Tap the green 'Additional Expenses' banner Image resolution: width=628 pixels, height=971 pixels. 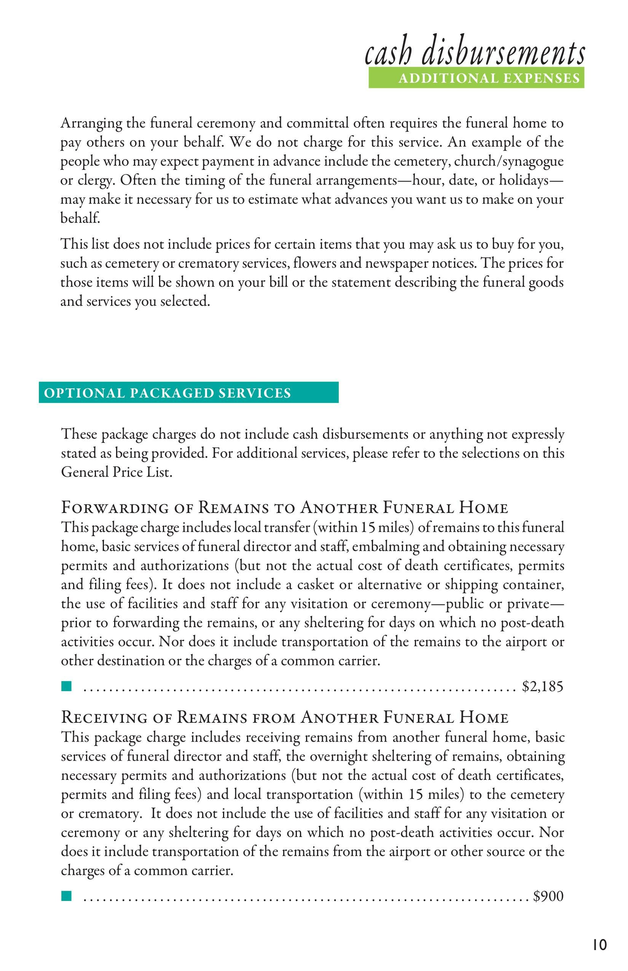(x=476, y=78)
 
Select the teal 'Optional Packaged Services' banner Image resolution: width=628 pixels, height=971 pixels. (x=188, y=393)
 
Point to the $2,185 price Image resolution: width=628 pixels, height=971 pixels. (x=542, y=687)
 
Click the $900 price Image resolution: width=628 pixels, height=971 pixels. (x=548, y=896)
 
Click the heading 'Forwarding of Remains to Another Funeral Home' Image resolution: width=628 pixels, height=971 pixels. (x=285, y=508)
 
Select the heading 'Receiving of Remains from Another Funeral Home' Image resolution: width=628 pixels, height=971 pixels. (x=285, y=717)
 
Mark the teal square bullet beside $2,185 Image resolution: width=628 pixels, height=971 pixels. (x=66, y=686)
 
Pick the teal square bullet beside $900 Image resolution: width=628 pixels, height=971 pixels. (x=66, y=896)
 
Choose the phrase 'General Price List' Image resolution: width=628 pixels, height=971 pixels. (x=116, y=472)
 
